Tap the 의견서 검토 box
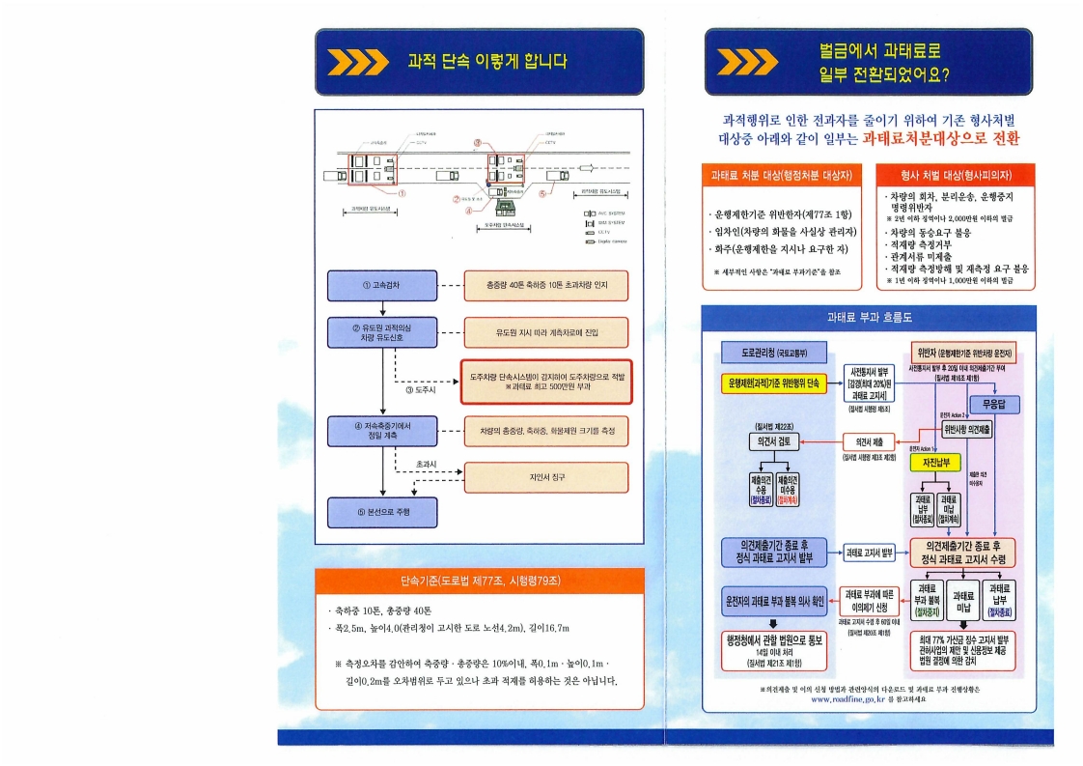[773, 441]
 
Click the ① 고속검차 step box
[383, 285]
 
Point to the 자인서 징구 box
[545, 476]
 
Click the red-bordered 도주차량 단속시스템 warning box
[545, 380]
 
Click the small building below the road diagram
[504, 206]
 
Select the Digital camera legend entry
[605, 241]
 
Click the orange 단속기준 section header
[479, 581]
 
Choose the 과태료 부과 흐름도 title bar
[869, 317]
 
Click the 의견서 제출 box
[871, 440]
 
